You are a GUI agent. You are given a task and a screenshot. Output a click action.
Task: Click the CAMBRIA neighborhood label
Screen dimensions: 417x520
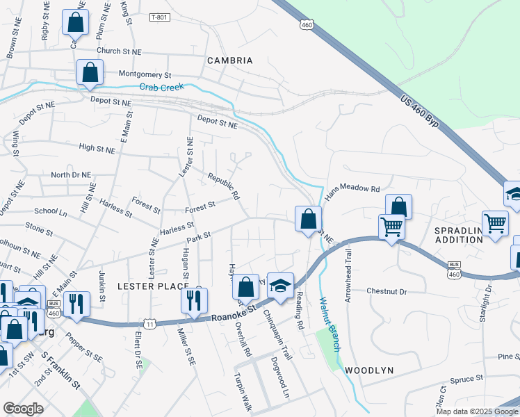click(x=229, y=60)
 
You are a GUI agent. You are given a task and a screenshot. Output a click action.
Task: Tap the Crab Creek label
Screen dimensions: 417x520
click(x=162, y=87)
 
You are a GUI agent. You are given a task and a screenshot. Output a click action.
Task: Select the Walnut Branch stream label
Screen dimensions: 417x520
click(x=327, y=324)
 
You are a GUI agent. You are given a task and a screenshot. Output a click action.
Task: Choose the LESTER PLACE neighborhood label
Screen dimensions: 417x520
click(x=152, y=286)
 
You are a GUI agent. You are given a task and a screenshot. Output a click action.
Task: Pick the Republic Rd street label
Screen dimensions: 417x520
click(x=223, y=186)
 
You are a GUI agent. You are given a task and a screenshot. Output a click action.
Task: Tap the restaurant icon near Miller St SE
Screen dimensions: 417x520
click(x=191, y=300)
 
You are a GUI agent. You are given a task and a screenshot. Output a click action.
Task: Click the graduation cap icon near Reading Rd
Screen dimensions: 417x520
click(x=280, y=286)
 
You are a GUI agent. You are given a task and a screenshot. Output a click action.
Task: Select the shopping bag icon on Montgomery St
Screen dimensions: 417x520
click(x=90, y=72)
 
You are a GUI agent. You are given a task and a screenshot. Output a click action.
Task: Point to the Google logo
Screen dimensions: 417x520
click(x=23, y=409)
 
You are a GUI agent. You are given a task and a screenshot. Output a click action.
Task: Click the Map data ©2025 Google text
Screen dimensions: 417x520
click(x=476, y=411)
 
